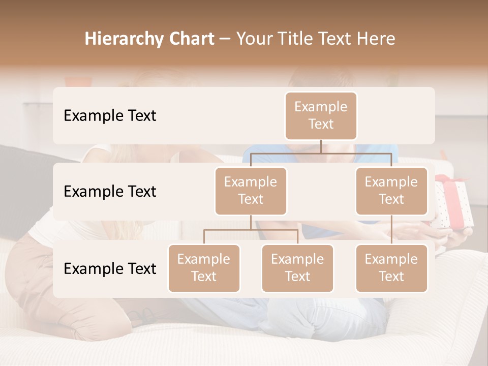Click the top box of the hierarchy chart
click(x=321, y=115)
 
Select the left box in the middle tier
click(x=251, y=191)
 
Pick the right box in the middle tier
click(x=391, y=191)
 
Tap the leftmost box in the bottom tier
click(x=204, y=268)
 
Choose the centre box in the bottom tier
click(x=297, y=268)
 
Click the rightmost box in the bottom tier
click(x=391, y=268)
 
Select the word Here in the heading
click(x=376, y=39)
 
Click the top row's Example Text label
click(x=110, y=115)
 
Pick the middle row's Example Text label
click(x=110, y=191)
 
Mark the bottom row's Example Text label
click(x=110, y=268)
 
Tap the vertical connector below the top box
click(x=321, y=146)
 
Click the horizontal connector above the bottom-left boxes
click(x=251, y=230)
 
